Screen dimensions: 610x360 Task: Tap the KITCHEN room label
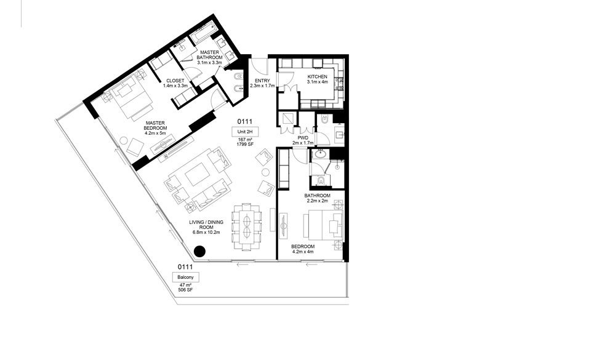tap(318, 76)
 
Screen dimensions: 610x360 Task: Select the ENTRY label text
tap(262, 81)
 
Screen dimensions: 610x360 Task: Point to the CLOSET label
tap(175, 81)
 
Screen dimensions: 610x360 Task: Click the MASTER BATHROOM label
tap(209, 55)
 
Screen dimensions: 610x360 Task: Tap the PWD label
tap(303, 138)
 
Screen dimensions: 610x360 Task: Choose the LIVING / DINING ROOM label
tap(206, 225)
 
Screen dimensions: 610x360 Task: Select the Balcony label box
tap(185, 277)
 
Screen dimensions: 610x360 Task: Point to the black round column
tap(199, 252)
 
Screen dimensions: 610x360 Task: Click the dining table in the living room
tap(247, 226)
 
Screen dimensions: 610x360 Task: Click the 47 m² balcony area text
tap(185, 285)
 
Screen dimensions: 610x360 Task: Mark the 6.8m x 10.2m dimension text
tap(206, 233)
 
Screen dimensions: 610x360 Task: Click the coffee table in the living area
tap(197, 174)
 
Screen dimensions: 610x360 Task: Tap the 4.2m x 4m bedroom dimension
tap(303, 252)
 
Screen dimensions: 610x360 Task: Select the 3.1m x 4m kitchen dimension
tap(318, 82)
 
